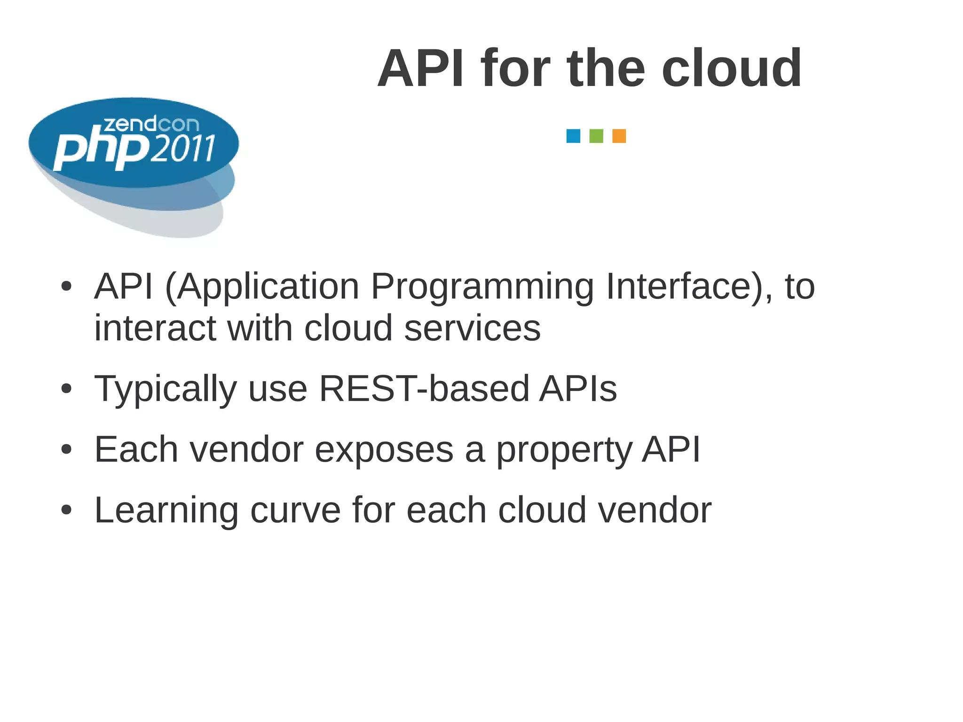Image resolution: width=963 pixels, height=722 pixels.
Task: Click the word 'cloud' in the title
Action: pyautogui.click(x=731, y=69)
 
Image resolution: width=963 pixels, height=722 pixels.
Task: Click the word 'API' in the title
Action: pyautogui.click(x=420, y=69)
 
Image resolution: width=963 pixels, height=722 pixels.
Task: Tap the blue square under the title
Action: pyautogui.click(x=573, y=136)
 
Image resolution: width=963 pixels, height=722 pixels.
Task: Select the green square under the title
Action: pyautogui.click(x=596, y=136)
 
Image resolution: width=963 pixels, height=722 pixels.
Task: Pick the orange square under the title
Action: pyautogui.click(x=619, y=136)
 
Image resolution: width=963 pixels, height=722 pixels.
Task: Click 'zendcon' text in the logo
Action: pyautogui.click(x=151, y=124)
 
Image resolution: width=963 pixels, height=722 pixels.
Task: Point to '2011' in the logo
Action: pyautogui.click(x=184, y=149)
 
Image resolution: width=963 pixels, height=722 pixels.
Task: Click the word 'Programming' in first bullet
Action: pyautogui.click(x=482, y=287)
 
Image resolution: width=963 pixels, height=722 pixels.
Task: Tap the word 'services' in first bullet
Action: pyautogui.click(x=472, y=328)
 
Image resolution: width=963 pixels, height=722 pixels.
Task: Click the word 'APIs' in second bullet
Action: pyautogui.click(x=577, y=389)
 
